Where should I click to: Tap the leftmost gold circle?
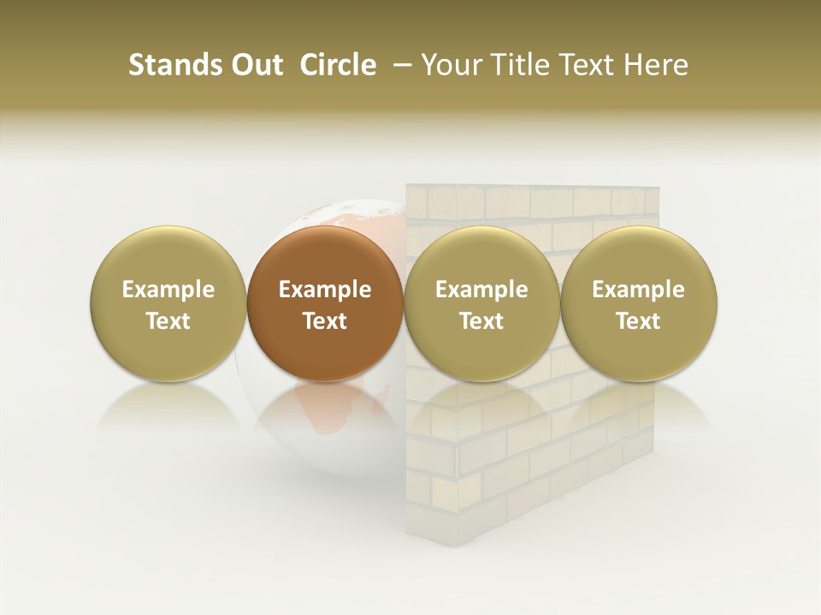coord(168,304)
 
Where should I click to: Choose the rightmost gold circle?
coord(638,304)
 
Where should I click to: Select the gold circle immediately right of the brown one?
coord(481,304)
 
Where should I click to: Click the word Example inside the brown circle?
coord(325,290)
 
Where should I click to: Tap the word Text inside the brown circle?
coord(325,321)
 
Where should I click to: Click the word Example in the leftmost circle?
coord(168,290)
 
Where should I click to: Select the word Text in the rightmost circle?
coord(638,321)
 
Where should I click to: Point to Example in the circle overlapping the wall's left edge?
coord(481,290)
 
